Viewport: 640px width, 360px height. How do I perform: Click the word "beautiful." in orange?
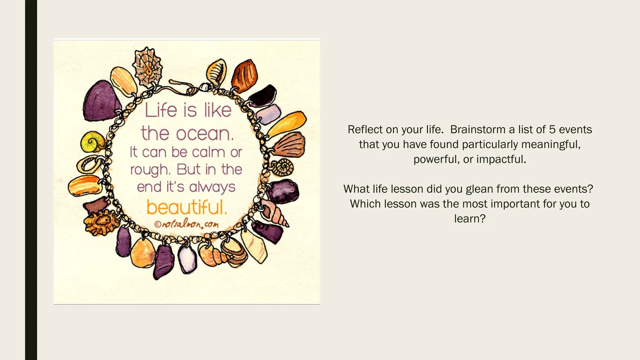pyautogui.click(x=187, y=207)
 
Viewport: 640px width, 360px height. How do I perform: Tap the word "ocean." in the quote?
pyautogui.click(x=205, y=134)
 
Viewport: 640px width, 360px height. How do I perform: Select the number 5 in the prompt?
pyautogui.click(x=552, y=130)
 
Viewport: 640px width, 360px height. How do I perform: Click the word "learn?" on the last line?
pyautogui.click(x=470, y=218)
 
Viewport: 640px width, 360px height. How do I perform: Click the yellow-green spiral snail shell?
pyautogui.click(x=93, y=142)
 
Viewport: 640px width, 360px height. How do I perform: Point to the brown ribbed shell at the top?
pyautogui.click(x=245, y=75)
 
